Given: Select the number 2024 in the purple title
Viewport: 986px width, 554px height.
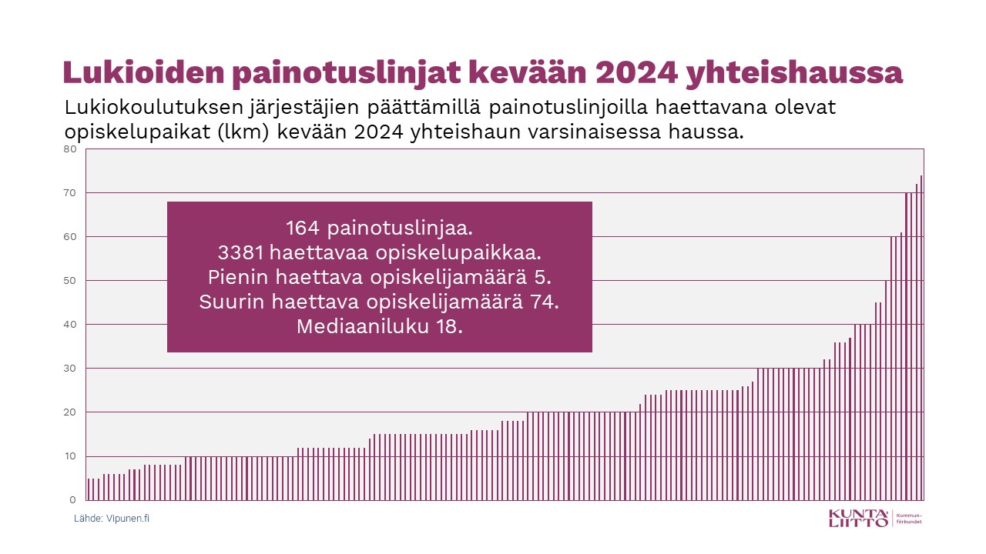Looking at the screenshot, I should pos(632,73).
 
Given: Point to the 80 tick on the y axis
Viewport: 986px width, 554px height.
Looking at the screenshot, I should pos(69,149).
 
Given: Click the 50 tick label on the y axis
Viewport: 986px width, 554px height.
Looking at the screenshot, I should pos(69,281).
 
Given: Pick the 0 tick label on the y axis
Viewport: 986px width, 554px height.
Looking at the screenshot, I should pos(72,500).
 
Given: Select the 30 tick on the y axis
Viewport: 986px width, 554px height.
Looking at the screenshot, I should pos(69,369).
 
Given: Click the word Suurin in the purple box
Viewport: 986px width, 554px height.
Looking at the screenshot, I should pos(232,302).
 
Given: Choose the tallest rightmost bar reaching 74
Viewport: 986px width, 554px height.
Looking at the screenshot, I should pos(921,339).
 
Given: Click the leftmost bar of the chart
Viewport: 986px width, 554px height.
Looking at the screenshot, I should pos(89,489).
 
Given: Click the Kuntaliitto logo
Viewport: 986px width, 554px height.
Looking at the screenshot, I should pos(858,518).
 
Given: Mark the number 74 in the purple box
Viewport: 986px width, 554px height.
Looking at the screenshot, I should pos(545,302).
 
